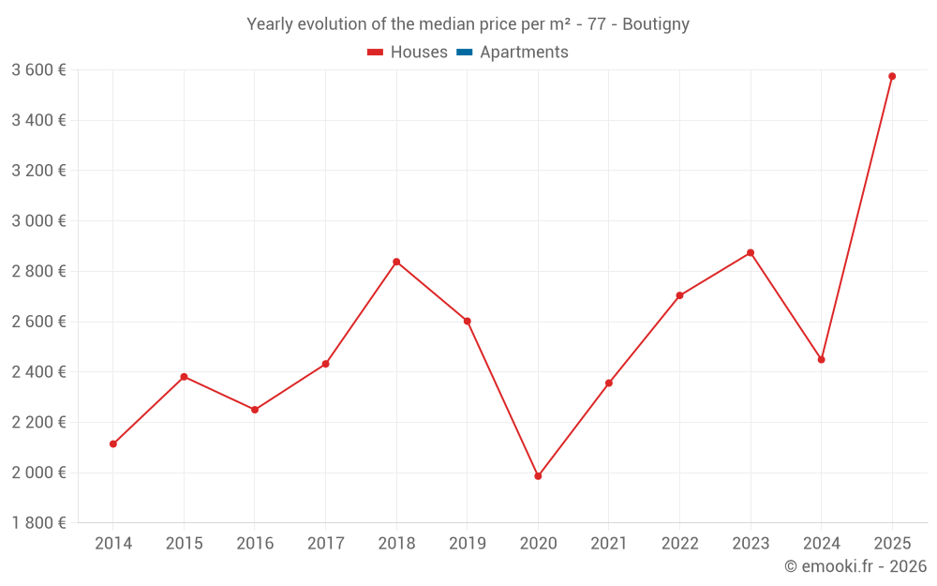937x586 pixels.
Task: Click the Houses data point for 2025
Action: pyautogui.click(x=892, y=76)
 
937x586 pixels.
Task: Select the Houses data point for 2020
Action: pyautogui.click(x=538, y=476)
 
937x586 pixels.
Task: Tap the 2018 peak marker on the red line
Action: pyautogui.click(x=396, y=262)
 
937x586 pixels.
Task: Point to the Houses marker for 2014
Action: pyautogui.click(x=113, y=443)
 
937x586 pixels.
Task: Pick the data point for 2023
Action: pyautogui.click(x=751, y=252)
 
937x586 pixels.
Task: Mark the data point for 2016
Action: pyautogui.click(x=255, y=410)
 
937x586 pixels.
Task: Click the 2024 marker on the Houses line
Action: pyautogui.click(x=822, y=359)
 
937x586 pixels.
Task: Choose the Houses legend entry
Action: pyautogui.click(x=408, y=53)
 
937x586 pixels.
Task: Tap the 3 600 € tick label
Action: pyautogui.click(x=38, y=69)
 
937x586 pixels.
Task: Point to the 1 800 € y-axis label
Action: pyautogui.click(x=38, y=522)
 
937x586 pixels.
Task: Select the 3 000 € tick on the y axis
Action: pyautogui.click(x=38, y=220)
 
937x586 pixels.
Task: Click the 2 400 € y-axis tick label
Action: pyautogui.click(x=38, y=371)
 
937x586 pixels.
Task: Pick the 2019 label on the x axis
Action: pyautogui.click(x=468, y=544)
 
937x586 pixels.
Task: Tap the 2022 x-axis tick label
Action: pyautogui.click(x=679, y=544)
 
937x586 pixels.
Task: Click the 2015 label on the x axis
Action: pyautogui.click(x=184, y=544)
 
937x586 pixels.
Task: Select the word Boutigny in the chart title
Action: pyautogui.click(x=655, y=24)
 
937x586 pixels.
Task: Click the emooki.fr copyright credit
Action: pyautogui.click(x=855, y=566)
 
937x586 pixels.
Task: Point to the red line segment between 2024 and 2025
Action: pyautogui.click(x=856, y=218)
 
